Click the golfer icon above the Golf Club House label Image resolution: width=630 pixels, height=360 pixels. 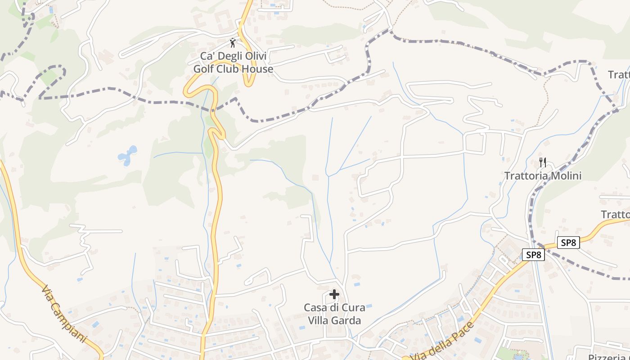[x=232, y=43]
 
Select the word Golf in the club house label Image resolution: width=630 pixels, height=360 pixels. [x=204, y=69]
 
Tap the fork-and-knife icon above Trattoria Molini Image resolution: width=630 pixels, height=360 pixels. [x=543, y=162]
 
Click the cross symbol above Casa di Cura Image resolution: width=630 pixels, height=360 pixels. [x=334, y=294]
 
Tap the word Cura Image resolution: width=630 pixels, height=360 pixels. [x=353, y=308]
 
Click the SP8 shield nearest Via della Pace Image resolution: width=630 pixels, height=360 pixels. [x=534, y=255]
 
